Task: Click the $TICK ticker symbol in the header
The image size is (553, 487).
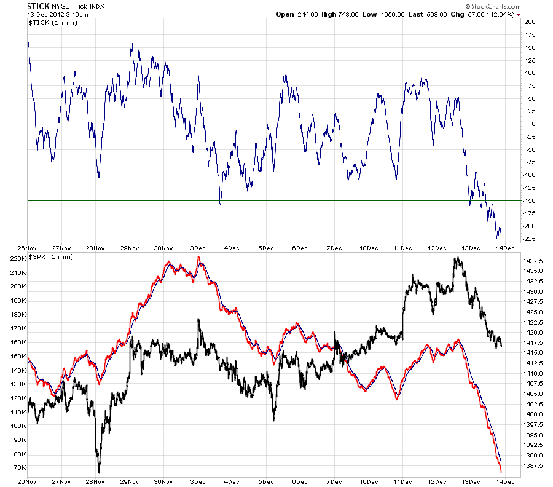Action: (39, 6)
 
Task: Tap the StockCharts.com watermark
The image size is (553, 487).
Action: (493, 6)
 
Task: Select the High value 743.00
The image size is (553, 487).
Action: (348, 15)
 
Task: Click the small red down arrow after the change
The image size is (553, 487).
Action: (518, 15)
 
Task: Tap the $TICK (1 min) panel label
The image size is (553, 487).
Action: (53, 23)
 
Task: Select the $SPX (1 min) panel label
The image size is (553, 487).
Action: (51, 257)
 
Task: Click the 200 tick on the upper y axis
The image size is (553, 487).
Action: (530, 22)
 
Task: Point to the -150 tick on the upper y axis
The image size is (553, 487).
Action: (529, 201)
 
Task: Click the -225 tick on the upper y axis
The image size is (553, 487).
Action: (529, 239)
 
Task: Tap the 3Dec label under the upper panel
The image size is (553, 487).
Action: (198, 248)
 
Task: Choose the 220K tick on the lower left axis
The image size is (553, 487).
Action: (18, 259)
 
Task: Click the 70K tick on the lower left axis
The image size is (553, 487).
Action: (20, 467)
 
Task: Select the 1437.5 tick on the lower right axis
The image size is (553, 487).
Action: (533, 261)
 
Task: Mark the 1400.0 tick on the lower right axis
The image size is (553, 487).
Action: (533, 414)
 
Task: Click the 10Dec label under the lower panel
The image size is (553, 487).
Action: (369, 481)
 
